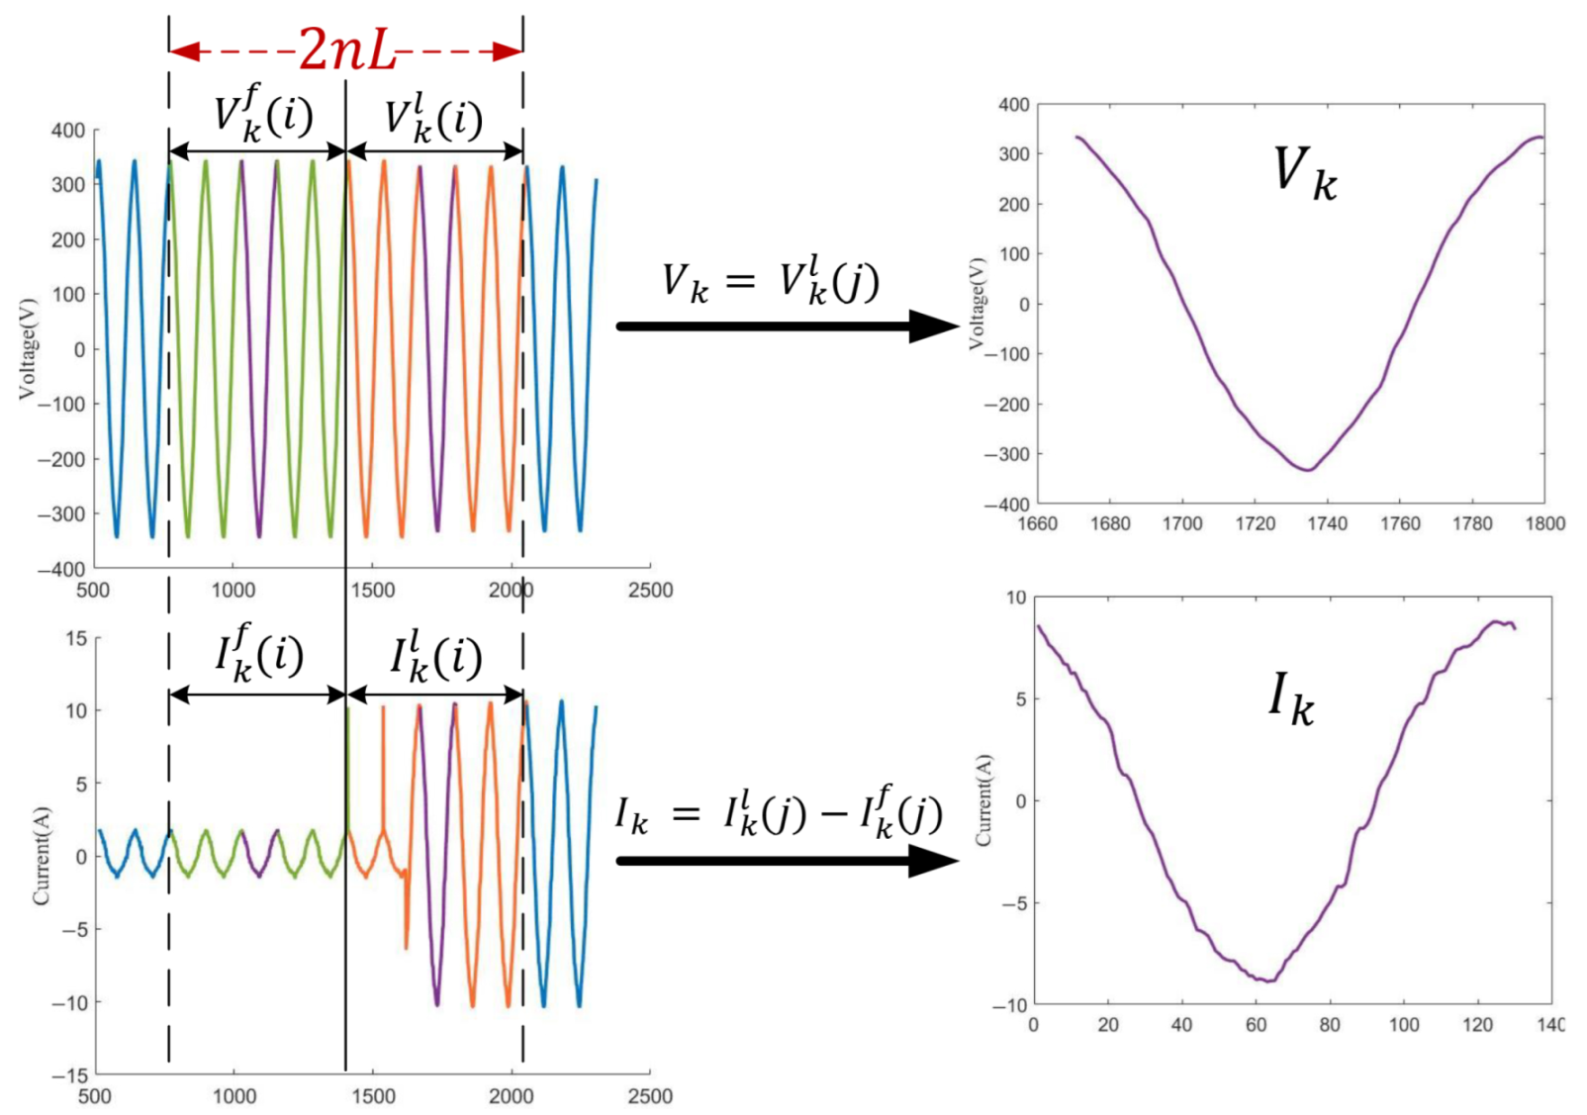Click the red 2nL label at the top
346,49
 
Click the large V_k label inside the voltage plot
1304,172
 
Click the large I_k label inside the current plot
1291,698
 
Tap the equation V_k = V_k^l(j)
770,282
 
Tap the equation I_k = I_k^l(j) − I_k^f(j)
779,814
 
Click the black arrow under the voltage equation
787,326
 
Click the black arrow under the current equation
787,861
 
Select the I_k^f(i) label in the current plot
259,654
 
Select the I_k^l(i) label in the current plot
435,656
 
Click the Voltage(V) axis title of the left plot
27,348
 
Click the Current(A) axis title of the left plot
41,856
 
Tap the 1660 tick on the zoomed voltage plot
1037,523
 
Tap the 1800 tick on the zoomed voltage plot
1544,523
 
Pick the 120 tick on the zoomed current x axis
1477,1024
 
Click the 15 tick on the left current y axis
76,638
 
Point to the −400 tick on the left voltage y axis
61,569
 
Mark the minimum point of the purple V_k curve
1308,470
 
